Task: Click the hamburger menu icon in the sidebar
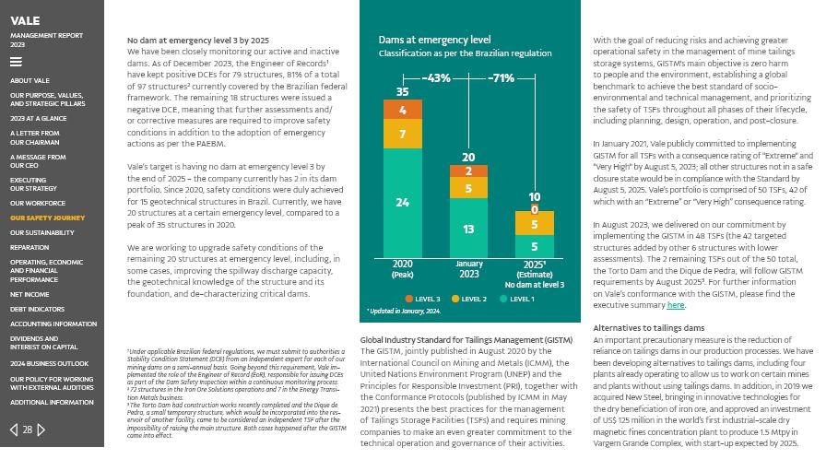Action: pos(16,63)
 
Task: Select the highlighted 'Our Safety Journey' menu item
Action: pos(48,218)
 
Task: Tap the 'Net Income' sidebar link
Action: pos(30,295)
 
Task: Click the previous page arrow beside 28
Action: pos(14,430)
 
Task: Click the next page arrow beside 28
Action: pos(41,430)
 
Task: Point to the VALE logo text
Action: pos(25,21)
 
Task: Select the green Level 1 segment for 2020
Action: pos(402,203)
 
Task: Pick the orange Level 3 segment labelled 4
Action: pos(402,111)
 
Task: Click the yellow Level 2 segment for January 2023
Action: pos(468,189)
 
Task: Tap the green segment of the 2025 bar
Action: pos(535,247)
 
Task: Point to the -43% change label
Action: pos(436,78)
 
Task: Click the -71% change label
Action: pos(502,78)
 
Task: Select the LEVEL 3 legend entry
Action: pos(423,300)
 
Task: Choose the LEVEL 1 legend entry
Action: pos(517,300)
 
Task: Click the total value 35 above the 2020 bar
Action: pos(402,92)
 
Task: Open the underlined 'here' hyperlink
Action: pos(676,305)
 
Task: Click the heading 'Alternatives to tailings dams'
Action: pos(648,328)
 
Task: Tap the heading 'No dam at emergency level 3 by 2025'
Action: pos(197,41)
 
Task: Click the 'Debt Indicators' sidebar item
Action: pos(38,310)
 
